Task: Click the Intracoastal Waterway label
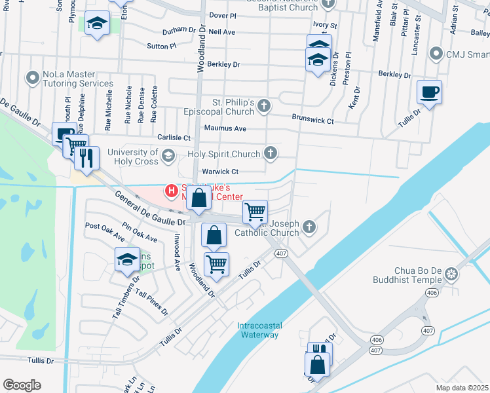(257, 330)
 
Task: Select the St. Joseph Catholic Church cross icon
(309, 227)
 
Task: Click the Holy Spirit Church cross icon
(269, 154)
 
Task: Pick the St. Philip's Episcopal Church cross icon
(263, 106)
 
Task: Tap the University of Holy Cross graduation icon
(168, 156)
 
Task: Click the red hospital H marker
(171, 191)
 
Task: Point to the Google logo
(22, 384)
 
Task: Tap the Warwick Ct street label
(219, 172)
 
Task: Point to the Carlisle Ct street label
(174, 138)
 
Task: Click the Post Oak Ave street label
(105, 230)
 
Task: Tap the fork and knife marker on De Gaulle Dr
(86, 157)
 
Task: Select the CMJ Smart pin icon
(435, 53)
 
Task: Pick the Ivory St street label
(324, 26)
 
